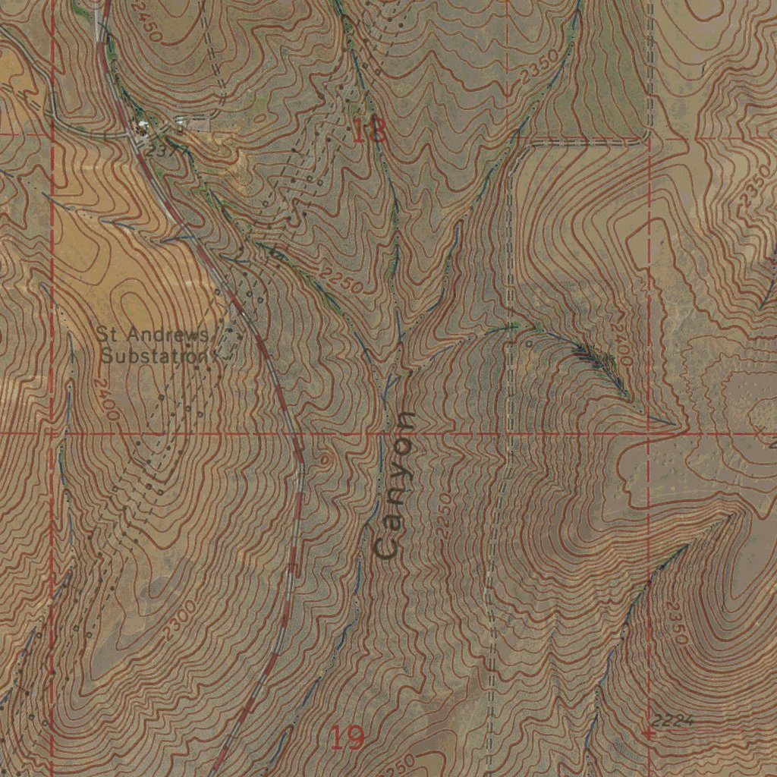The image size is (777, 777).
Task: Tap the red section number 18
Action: point(370,131)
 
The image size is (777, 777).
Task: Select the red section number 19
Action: point(348,737)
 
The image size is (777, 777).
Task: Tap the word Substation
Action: point(155,355)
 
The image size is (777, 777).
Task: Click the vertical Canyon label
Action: point(397,486)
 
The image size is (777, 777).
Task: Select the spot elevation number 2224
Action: point(671,720)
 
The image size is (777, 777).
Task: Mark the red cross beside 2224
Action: point(647,734)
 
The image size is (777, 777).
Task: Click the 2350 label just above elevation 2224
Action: point(678,622)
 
